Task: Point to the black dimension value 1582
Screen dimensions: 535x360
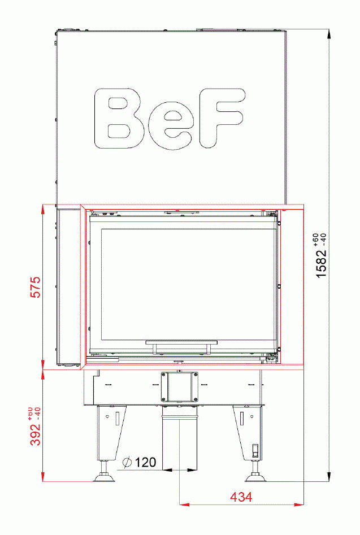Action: (322, 263)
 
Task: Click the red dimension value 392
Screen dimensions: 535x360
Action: (36, 433)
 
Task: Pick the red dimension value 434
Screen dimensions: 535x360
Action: (241, 497)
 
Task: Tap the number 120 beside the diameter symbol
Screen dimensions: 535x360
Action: (145, 463)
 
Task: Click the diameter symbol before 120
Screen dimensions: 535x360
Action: (127, 463)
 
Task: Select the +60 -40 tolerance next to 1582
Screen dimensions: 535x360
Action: (319, 238)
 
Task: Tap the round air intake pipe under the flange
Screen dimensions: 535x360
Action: (180, 441)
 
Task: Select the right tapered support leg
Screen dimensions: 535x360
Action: (249, 432)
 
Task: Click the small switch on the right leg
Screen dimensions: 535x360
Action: (254, 451)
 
